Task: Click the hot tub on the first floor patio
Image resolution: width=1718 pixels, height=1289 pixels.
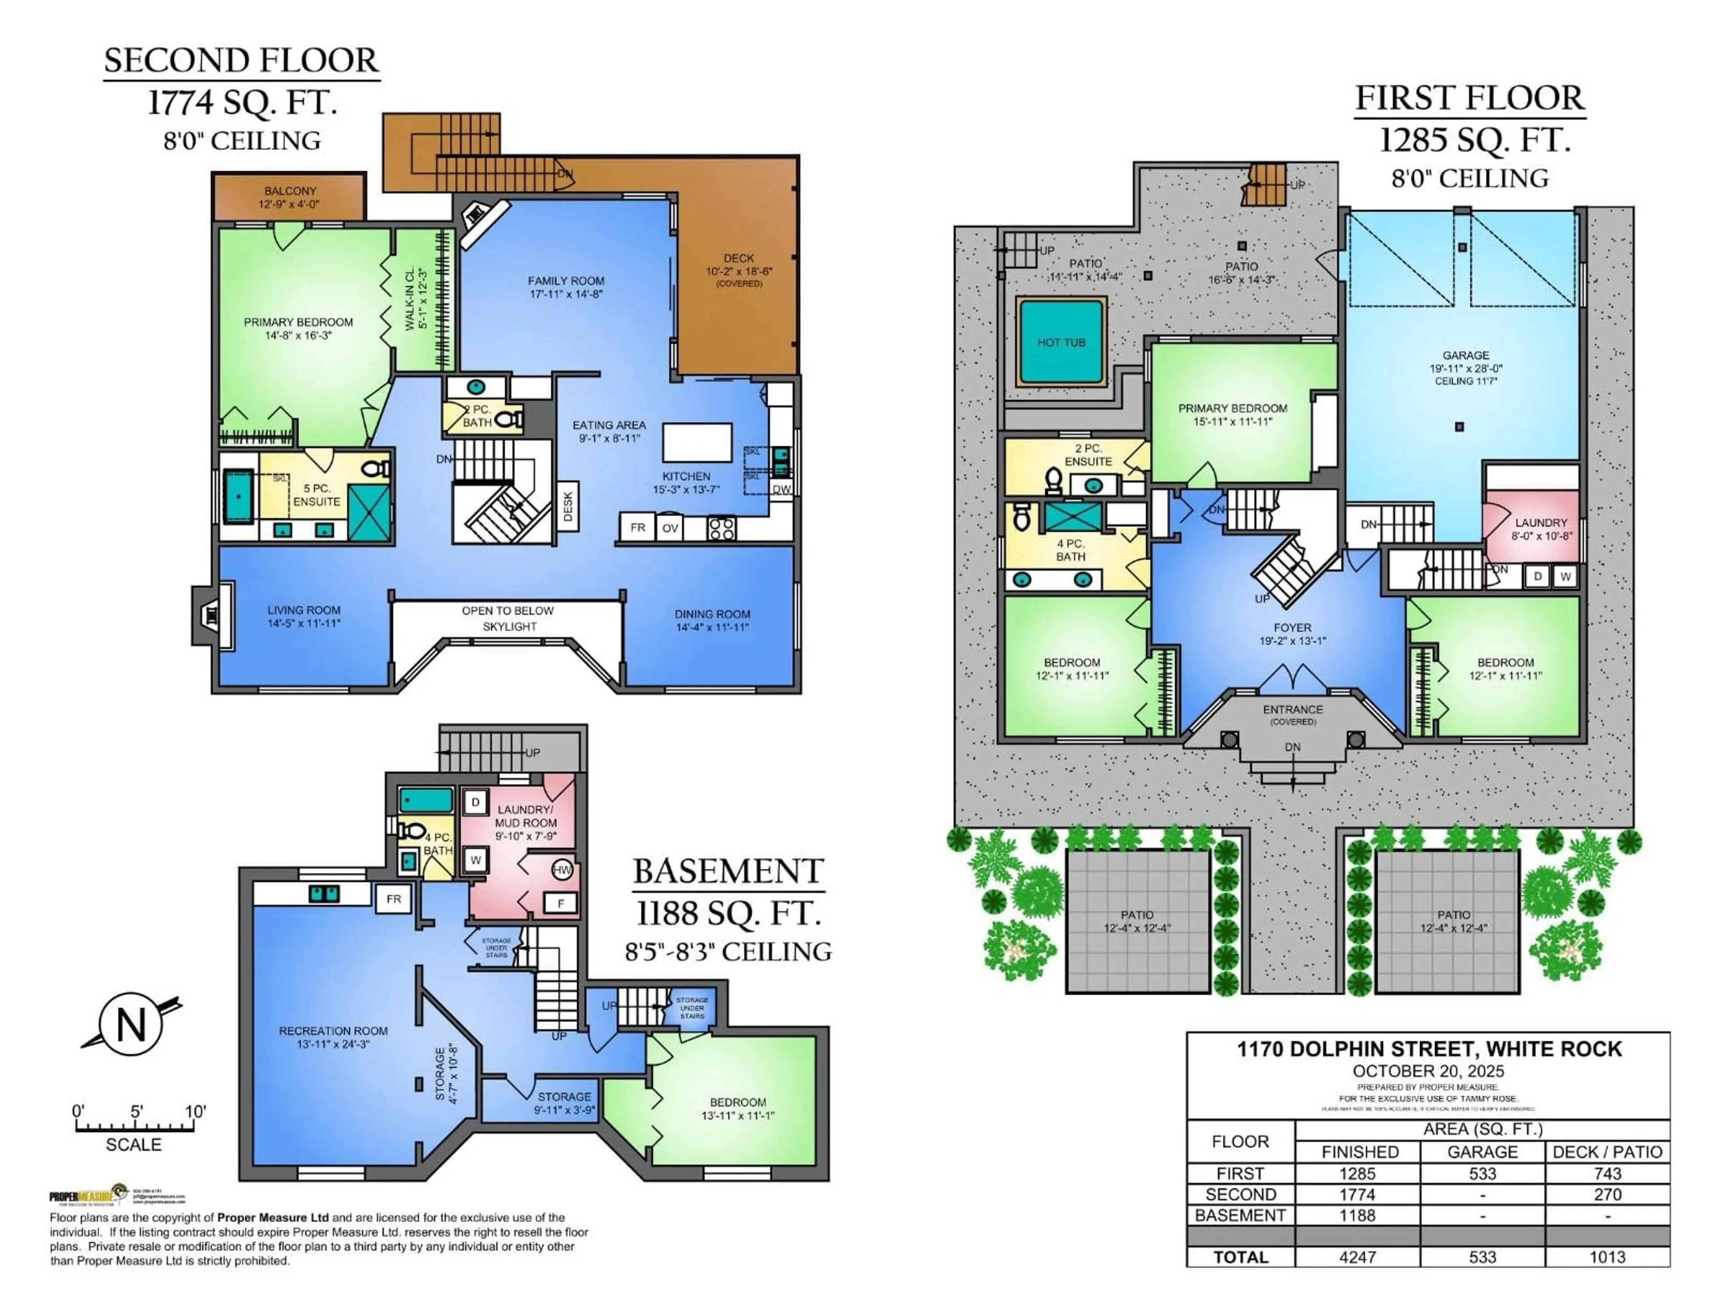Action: coord(1061,343)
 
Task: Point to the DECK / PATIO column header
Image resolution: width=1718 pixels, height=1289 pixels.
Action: coord(1607,1152)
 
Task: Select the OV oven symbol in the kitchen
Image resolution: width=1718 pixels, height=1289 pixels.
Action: coord(669,528)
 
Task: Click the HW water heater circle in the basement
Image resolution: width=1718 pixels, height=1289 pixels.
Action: coord(561,870)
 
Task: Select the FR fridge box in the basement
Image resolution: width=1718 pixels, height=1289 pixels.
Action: coord(394,899)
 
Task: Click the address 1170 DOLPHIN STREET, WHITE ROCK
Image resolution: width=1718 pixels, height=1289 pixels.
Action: coord(1429,1049)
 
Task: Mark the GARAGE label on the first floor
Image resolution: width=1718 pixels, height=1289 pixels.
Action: coord(1466,355)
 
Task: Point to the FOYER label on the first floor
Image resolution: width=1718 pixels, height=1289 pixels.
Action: coord(1293,628)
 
